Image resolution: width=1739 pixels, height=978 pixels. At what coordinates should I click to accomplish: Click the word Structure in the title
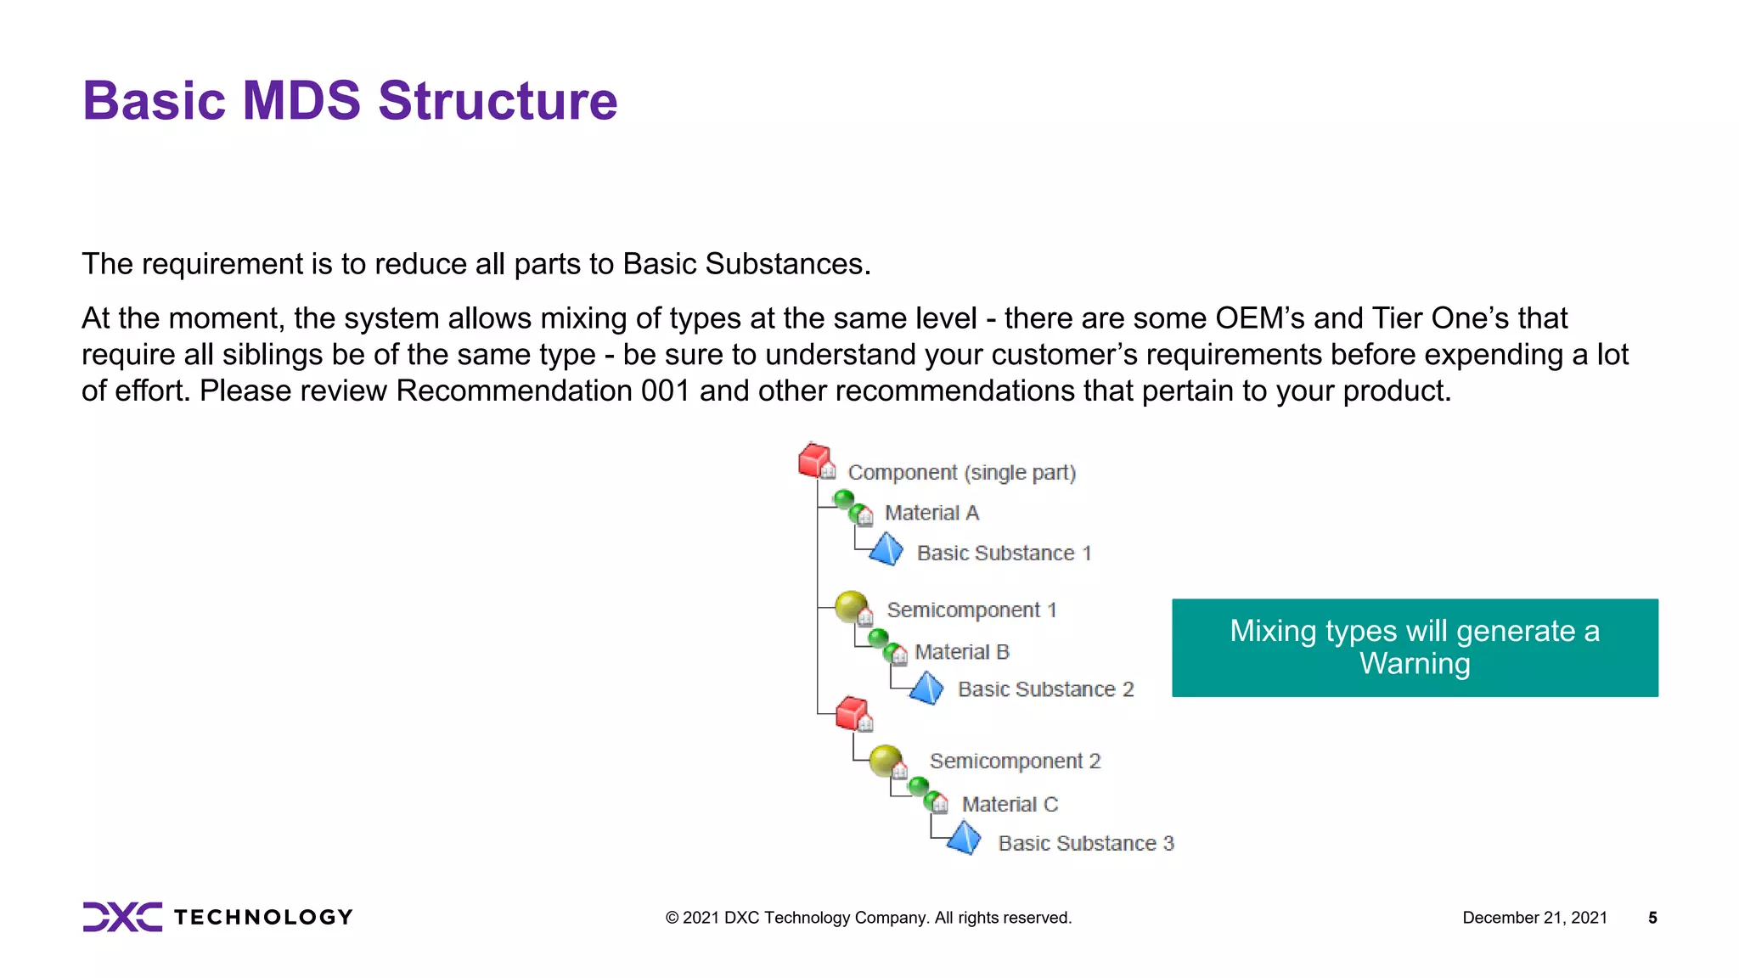click(498, 101)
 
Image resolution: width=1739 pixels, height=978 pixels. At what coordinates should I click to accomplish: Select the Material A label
click(931, 513)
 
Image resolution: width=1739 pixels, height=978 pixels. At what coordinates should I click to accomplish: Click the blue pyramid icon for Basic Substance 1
click(886, 549)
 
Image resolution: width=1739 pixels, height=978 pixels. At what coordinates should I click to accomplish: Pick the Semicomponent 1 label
click(971, 610)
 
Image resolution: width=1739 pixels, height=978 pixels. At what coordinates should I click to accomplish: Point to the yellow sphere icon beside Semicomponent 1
click(852, 607)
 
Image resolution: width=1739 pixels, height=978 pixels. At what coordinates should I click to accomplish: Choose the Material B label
click(961, 652)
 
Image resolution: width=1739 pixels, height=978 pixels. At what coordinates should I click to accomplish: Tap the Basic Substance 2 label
click(1045, 689)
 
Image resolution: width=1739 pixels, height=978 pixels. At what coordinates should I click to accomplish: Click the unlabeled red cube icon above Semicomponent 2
click(853, 714)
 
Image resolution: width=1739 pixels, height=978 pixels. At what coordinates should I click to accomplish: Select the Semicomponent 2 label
click(1015, 762)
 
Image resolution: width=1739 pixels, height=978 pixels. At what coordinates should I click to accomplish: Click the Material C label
click(1010, 804)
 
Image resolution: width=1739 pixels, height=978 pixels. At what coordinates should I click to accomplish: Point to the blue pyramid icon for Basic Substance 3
click(964, 839)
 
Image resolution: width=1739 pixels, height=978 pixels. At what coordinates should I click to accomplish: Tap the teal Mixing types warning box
click(1415, 648)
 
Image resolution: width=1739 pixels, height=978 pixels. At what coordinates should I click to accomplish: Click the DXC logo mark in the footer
click(122, 917)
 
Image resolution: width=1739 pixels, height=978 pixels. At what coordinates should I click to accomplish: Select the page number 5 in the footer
click(1652, 918)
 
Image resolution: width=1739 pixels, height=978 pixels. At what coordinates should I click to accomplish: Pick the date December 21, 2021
click(1534, 918)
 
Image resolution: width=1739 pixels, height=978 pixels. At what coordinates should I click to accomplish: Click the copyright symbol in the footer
click(672, 918)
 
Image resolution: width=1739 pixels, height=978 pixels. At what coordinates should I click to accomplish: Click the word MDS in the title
click(301, 101)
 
